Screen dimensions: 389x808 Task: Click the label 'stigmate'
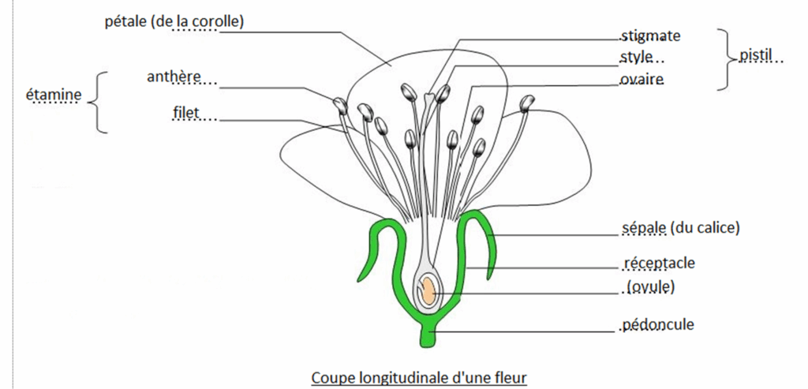(x=650, y=36)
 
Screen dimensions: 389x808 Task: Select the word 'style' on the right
(x=637, y=58)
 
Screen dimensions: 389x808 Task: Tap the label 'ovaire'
(x=642, y=79)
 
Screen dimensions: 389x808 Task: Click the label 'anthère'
(x=174, y=77)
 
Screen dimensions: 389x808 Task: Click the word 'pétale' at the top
(x=124, y=21)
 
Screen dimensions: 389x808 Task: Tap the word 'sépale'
(x=642, y=229)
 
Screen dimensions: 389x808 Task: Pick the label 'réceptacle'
(x=659, y=263)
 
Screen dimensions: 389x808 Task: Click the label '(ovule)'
(x=649, y=287)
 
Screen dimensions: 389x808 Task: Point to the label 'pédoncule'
(x=657, y=324)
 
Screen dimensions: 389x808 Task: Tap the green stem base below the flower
(x=428, y=335)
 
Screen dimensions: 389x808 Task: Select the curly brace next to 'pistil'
(x=724, y=58)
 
